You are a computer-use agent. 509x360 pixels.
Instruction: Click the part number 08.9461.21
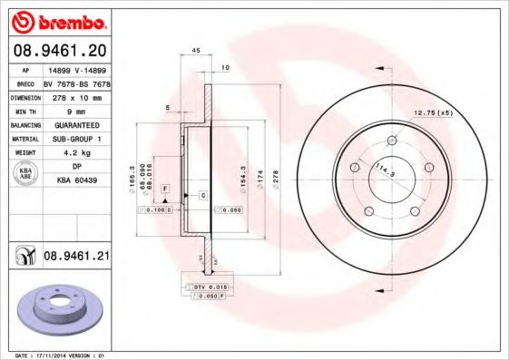tap(77, 258)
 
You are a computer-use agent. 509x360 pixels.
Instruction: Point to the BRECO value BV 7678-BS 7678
tap(78, 83)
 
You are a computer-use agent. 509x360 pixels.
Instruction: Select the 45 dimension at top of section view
tap(195, 51)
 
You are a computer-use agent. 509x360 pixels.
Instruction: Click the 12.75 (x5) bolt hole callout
tap(433, 112)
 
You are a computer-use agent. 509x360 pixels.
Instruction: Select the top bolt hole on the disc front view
tap(392, 141)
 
